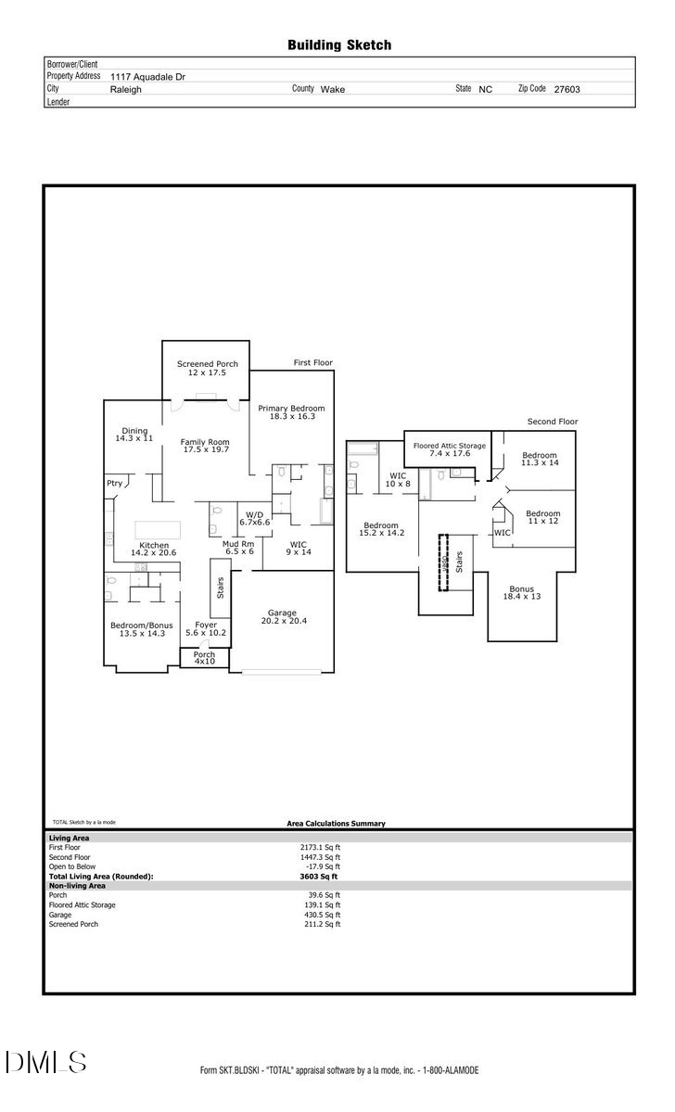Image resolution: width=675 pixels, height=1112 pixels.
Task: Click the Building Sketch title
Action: click(x=338, y=44)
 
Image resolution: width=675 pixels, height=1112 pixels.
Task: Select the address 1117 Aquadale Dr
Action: click(x=147, y=77)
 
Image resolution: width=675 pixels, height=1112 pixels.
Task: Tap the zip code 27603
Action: click(x=567, y=90)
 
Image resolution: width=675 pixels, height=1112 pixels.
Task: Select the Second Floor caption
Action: click(x=552, y=422)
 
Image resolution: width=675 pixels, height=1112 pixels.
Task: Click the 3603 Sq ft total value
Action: click(x=319, y=876)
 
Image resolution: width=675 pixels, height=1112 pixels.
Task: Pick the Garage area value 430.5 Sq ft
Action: click(x=325, y=915)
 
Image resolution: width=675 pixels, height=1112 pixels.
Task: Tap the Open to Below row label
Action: click(x=71, y=866)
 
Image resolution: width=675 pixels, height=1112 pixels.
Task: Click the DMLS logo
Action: click(x=45, y=1062)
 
